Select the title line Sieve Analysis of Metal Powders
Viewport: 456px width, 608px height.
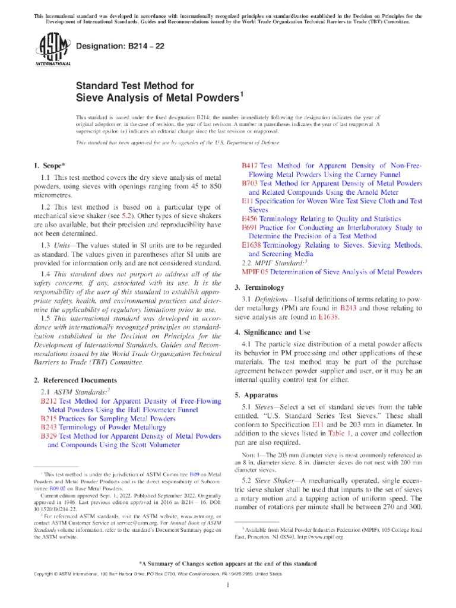click(x=159, y=97)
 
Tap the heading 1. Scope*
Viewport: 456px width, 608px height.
click(x=50, y=165)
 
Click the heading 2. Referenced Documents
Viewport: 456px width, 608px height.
click(x=75, y=380)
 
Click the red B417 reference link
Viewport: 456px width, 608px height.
click(x=250, y=165)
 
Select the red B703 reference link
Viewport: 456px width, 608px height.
click(x=250, y=184)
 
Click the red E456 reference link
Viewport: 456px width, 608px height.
click(x=250, y=218)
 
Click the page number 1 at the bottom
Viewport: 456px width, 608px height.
click(x=228, y=584)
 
